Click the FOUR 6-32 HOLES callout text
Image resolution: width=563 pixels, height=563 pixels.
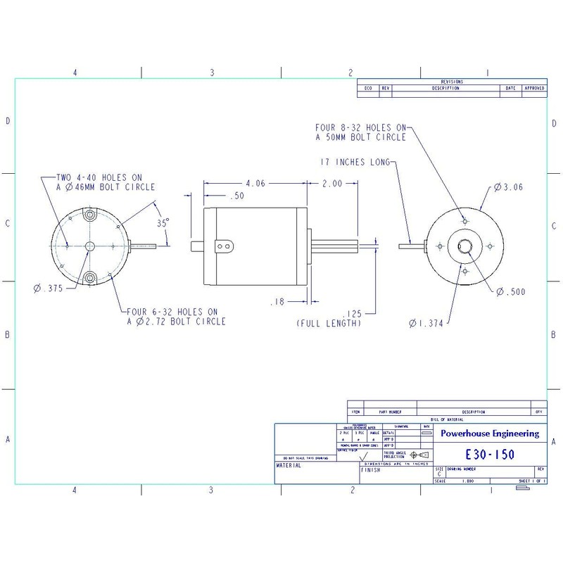pos(176,317)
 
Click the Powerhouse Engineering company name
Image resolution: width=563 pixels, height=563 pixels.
pos(490,434)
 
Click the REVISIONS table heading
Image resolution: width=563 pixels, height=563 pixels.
pos(451,82)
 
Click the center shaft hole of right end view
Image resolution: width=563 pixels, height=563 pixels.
pos(464,246)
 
